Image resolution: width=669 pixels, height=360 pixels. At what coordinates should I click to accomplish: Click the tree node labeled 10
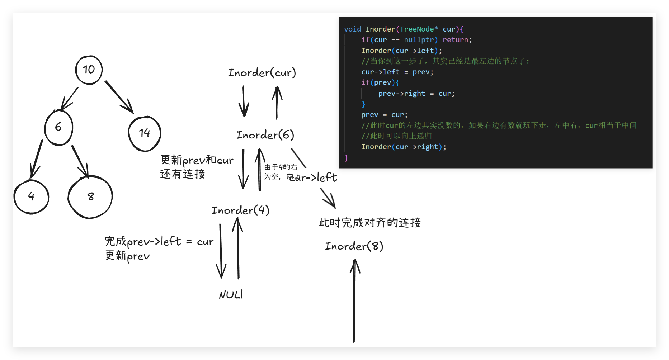point(89,70)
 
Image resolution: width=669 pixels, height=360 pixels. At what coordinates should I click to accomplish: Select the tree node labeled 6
point(58,127)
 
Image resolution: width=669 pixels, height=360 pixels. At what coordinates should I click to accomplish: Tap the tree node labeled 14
point(145,133)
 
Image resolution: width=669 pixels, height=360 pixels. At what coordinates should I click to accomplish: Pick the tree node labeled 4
point(31,196)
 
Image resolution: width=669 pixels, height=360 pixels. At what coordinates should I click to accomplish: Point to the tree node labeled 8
point(90,196)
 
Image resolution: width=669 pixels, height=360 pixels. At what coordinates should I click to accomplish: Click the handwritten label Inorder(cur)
point(262,73)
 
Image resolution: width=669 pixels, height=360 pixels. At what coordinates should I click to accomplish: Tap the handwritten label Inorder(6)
point(265,135)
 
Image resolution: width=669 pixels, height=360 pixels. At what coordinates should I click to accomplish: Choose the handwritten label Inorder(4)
point(240,210)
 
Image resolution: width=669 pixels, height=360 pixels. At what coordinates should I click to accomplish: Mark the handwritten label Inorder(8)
point(354,246)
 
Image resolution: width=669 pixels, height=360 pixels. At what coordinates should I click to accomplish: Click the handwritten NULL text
point(231,295)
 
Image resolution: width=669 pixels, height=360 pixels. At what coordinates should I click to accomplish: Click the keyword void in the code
point(352,29)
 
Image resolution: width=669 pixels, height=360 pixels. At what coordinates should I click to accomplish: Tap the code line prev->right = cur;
point(416,94)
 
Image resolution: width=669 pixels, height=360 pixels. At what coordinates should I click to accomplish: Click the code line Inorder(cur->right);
point(404,147)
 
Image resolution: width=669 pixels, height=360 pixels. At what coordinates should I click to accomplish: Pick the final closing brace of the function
point(346,158)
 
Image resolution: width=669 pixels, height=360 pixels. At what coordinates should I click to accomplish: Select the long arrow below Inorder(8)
point(354,301)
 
